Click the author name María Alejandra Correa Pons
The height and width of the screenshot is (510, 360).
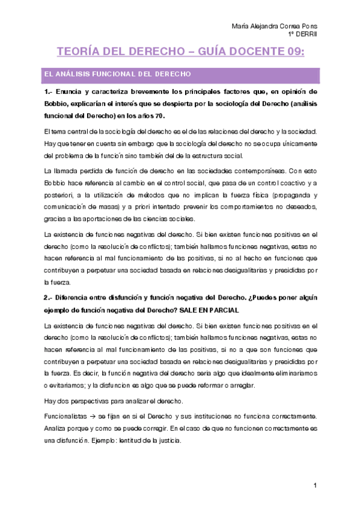click(274, 27)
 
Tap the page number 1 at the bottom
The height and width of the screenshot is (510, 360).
click(314, 485)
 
